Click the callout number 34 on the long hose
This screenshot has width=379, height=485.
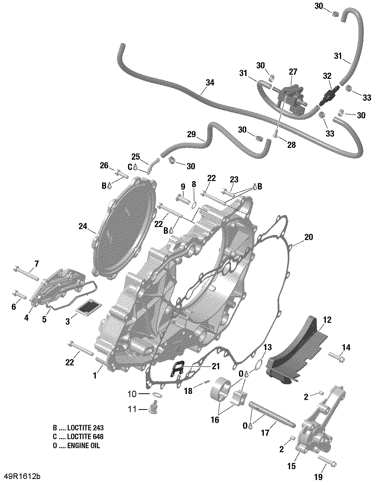point(210,82)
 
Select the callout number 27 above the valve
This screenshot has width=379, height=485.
point(293,72)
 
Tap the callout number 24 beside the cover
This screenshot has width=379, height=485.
point(83,226)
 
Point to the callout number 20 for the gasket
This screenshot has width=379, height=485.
point(308,237)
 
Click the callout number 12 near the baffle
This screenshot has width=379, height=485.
point(327,320)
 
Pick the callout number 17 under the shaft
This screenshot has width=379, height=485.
point(265,433)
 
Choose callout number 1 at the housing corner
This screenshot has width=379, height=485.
point(95,375)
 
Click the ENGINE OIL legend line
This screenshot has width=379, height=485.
point(77,446)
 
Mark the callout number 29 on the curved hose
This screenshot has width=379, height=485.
point(191,134)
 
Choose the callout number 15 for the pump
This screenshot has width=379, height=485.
point(292,466)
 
